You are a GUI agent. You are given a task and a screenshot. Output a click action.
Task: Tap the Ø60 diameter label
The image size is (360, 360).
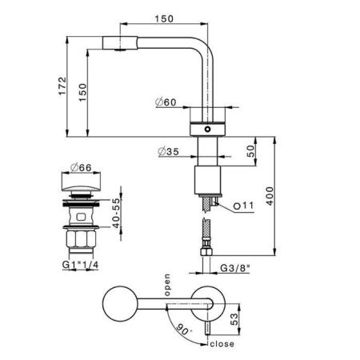pos(164,102)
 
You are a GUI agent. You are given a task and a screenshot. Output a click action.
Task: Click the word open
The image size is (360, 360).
pos(168,284)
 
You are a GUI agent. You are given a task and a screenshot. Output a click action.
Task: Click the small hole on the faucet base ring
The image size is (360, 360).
pos(208,128)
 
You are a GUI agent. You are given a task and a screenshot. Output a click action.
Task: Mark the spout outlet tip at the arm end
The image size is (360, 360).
pos(118,46)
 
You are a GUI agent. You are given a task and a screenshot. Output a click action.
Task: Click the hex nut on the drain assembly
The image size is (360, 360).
pos(82,238)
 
